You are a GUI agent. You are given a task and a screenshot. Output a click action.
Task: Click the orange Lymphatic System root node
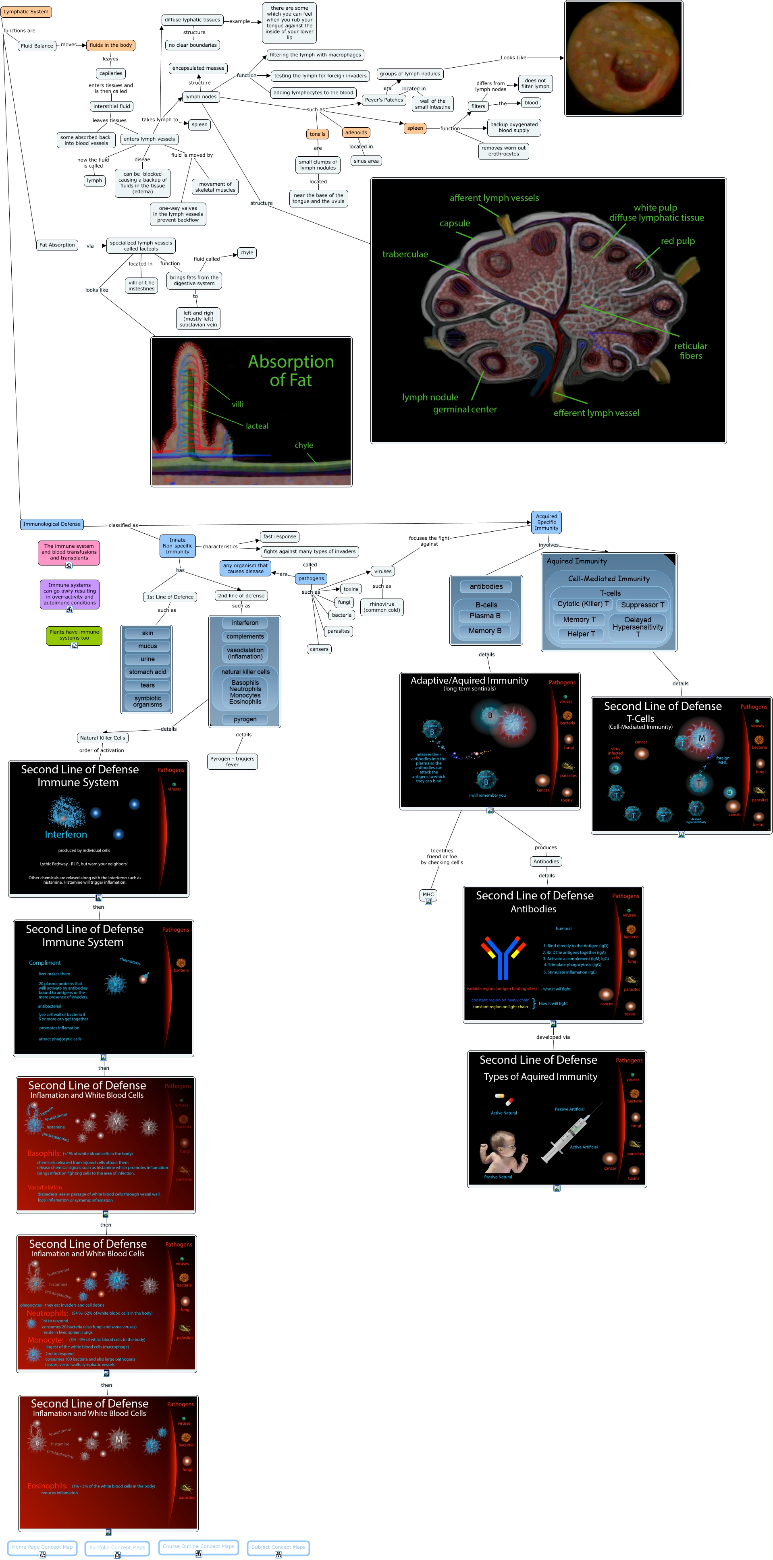(x=26, y=12)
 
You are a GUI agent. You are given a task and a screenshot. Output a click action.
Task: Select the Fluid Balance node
(x=37, y=46)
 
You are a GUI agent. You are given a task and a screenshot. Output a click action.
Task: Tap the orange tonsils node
(x=318, y=134)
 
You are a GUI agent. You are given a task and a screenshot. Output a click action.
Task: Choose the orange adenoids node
(x=355, y=132)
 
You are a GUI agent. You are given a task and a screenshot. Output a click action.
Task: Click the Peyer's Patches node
(x=383, y=100)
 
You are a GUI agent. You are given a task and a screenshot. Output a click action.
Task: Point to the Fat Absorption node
(x=57, y=244)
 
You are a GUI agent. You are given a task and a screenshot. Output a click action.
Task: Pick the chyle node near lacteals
(x=247, y=253)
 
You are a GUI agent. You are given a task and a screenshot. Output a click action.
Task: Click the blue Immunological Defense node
(x=52, y=524)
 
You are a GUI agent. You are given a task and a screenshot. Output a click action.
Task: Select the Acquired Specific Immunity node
(x=546, y=522)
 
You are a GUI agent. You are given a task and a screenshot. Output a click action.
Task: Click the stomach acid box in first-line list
(x=147, y=671)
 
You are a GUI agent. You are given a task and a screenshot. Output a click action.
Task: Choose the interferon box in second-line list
(x=245, y=623)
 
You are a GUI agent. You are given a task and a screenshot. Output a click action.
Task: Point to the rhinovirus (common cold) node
(x=382, y=607)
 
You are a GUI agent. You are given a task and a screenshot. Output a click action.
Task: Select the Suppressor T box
(x=642, y=604)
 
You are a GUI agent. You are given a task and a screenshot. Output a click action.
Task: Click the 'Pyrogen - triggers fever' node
(x=232, y=761)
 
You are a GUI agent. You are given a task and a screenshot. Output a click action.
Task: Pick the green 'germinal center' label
(x=465, y=409)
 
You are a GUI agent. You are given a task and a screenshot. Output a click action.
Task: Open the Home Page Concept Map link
(x=42, y=1547)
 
